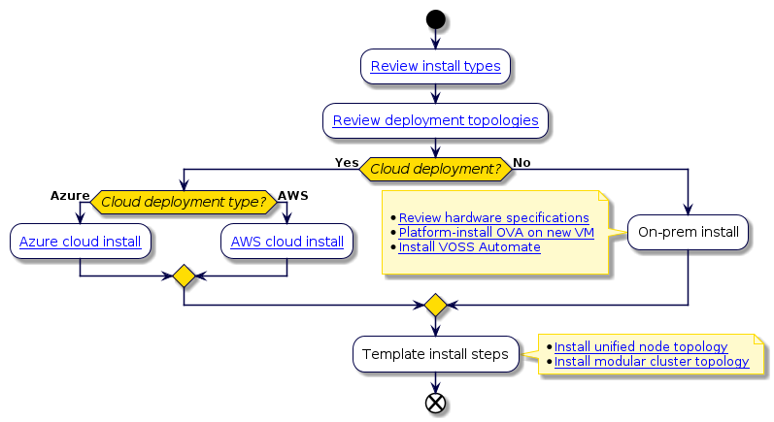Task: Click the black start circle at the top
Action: click(x=435, y=19)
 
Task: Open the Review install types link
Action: click(x=435, y=67)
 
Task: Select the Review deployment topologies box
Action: click(x=435, y=121)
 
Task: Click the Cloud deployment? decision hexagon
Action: click(x=435, y=168)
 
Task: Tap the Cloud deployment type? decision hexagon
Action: click(x=184, y=202)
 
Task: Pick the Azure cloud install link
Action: click(x=80, y=242)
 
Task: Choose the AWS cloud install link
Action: click(x=286, y=242)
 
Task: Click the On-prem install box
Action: click(x=688, y=233)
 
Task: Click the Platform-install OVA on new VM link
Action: click(x=496, y=233)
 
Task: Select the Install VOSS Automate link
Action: click(x=469, y=247)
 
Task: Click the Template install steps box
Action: click(x=435, y=354)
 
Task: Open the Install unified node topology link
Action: click(x=640, y=346)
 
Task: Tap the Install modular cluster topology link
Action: click(x=651, y=362)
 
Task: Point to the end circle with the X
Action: click(x=435, y=403)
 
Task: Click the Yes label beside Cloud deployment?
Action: click(x=347, y=161)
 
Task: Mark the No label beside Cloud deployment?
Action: click(x=522, y=161)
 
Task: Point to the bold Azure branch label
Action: click(x=70, y=195)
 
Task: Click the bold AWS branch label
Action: click(x=292, y=195)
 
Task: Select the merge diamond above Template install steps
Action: click(x=435, y=306)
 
